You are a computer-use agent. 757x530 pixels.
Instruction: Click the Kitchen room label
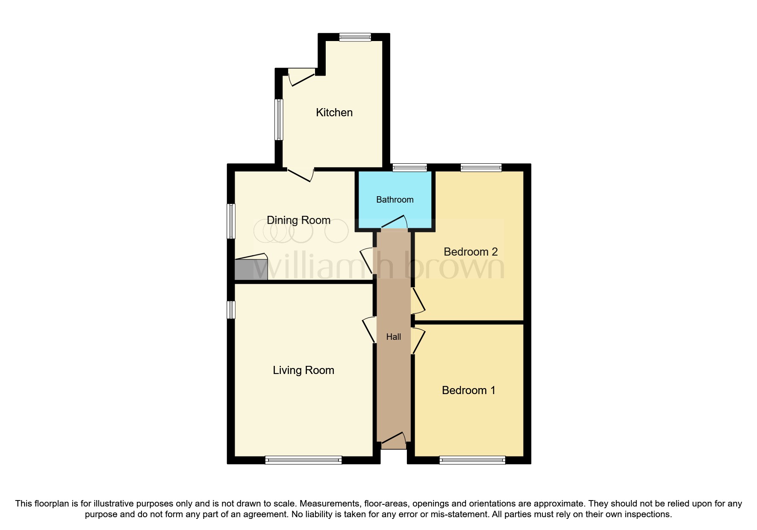334,112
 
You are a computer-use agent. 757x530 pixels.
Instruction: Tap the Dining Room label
298,220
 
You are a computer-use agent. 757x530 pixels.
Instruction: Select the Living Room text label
303,370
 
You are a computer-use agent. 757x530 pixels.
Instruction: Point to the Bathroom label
395,200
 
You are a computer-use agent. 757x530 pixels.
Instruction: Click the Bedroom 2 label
471,252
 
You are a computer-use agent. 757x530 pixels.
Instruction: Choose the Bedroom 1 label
468,390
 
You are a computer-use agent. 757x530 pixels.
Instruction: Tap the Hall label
393,337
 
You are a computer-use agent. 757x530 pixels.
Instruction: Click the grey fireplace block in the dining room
251,269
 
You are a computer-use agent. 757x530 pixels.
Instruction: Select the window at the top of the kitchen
355,37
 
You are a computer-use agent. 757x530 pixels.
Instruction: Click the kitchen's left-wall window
279,120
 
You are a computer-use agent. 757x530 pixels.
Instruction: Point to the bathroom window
409,168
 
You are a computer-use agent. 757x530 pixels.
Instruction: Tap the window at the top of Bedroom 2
481,168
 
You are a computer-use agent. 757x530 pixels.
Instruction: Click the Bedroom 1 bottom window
472,460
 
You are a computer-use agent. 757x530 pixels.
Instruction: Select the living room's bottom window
303,460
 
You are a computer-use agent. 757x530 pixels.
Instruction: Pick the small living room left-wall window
231,310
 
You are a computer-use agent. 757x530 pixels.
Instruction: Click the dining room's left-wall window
231,221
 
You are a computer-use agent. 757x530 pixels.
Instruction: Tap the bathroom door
394,223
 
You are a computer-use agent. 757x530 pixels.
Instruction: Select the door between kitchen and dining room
301,174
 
